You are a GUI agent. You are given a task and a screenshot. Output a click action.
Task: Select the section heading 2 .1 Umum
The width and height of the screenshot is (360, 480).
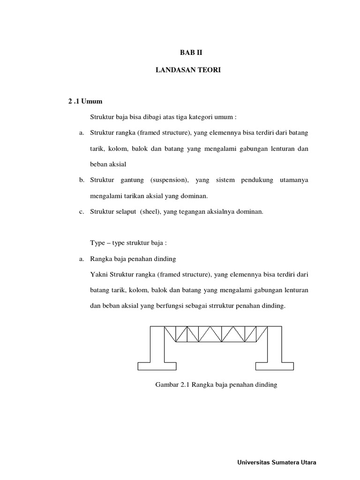click(x=85, y=101)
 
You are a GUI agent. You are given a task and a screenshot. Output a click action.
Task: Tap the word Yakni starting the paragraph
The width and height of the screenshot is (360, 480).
click(x=98, y=274)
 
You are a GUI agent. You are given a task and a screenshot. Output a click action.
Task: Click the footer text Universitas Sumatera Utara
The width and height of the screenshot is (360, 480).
click(x=277, y=462)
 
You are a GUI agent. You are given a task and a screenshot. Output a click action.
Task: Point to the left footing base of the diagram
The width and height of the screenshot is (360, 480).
click(x=157, y=365)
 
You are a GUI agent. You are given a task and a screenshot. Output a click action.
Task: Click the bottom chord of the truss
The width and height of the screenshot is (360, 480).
click(x=216, y=342)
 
